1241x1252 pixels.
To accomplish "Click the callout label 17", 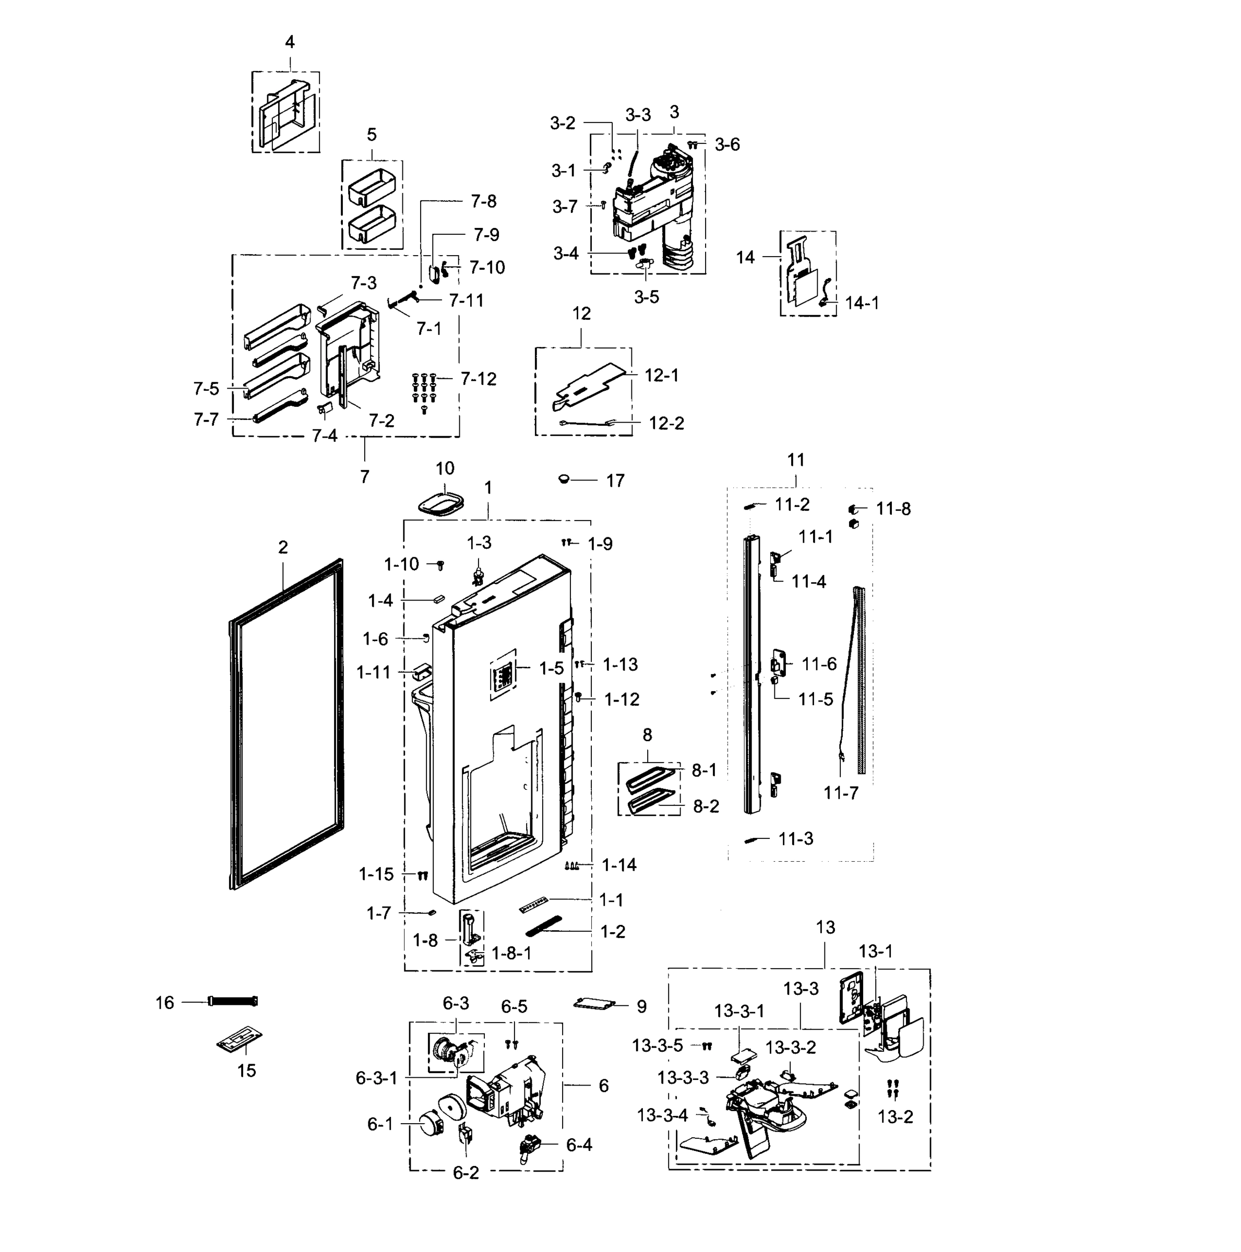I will [x=615, y=481].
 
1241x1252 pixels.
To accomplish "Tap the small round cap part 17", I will [x=564, y=479].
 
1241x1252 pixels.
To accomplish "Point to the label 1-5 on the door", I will [x=551, y=668].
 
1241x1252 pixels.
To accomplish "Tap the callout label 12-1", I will [x=661, y=376].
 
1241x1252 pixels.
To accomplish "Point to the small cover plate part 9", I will [x=594, y=1004].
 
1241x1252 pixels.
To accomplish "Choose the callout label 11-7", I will [x=840, y=792].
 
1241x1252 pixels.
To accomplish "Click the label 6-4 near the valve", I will [x=578, y=1145].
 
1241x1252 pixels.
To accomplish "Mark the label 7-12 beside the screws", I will [x=478, y=379].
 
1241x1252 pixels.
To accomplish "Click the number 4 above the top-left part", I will [x=289, y=42].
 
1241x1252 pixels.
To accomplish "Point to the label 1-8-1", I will [x=511, y=953].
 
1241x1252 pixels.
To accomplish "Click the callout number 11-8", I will [x=893, y=509].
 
